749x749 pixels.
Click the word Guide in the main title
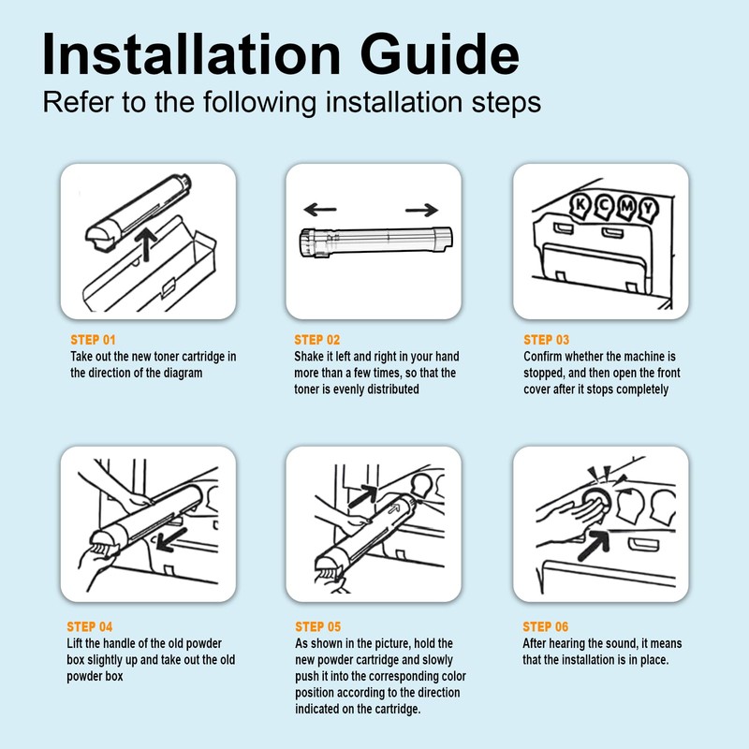[x=439, y=54]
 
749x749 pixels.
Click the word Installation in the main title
[x=191, y=54]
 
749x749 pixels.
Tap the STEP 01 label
[x=93, y=340]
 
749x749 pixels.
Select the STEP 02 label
[x=317, y=340]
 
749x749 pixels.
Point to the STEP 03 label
[x=547, y=340]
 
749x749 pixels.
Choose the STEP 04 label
[x=90, y=626]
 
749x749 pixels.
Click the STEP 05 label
[x=318, y=626]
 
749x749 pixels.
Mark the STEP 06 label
[x=546, y=626]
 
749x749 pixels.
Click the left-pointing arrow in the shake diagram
[x=320, y=209]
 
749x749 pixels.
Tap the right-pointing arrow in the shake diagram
[x=422, y=210]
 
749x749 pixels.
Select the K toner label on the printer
[x=580, y=205]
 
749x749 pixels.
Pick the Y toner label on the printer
[x=648, y=209]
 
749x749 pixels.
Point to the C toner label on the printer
[x=604, y=206]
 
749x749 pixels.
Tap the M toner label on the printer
[x=626, y=207]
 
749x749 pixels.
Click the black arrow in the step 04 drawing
[x=171, y=540]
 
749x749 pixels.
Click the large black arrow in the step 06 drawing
[x=595, y=545]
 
